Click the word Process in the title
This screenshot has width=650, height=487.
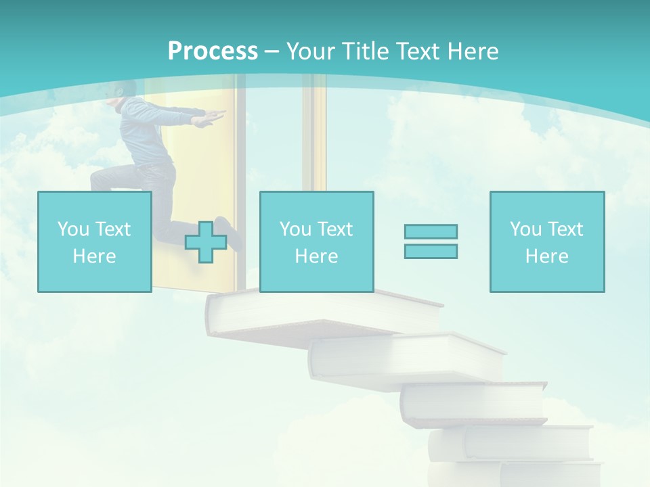point(213,51)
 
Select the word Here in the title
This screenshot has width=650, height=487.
point(472,51)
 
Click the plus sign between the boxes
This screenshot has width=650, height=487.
point(206,241)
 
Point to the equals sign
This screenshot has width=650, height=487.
point(431,241)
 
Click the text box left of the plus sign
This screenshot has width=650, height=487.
point(94,242)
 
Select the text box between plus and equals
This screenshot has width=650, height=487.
point(316,242)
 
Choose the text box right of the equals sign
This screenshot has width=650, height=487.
point(546,242)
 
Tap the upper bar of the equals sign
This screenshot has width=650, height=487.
point(431,231)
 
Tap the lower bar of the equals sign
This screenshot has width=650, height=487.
point(431,251)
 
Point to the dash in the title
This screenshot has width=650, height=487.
point(272,52)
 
